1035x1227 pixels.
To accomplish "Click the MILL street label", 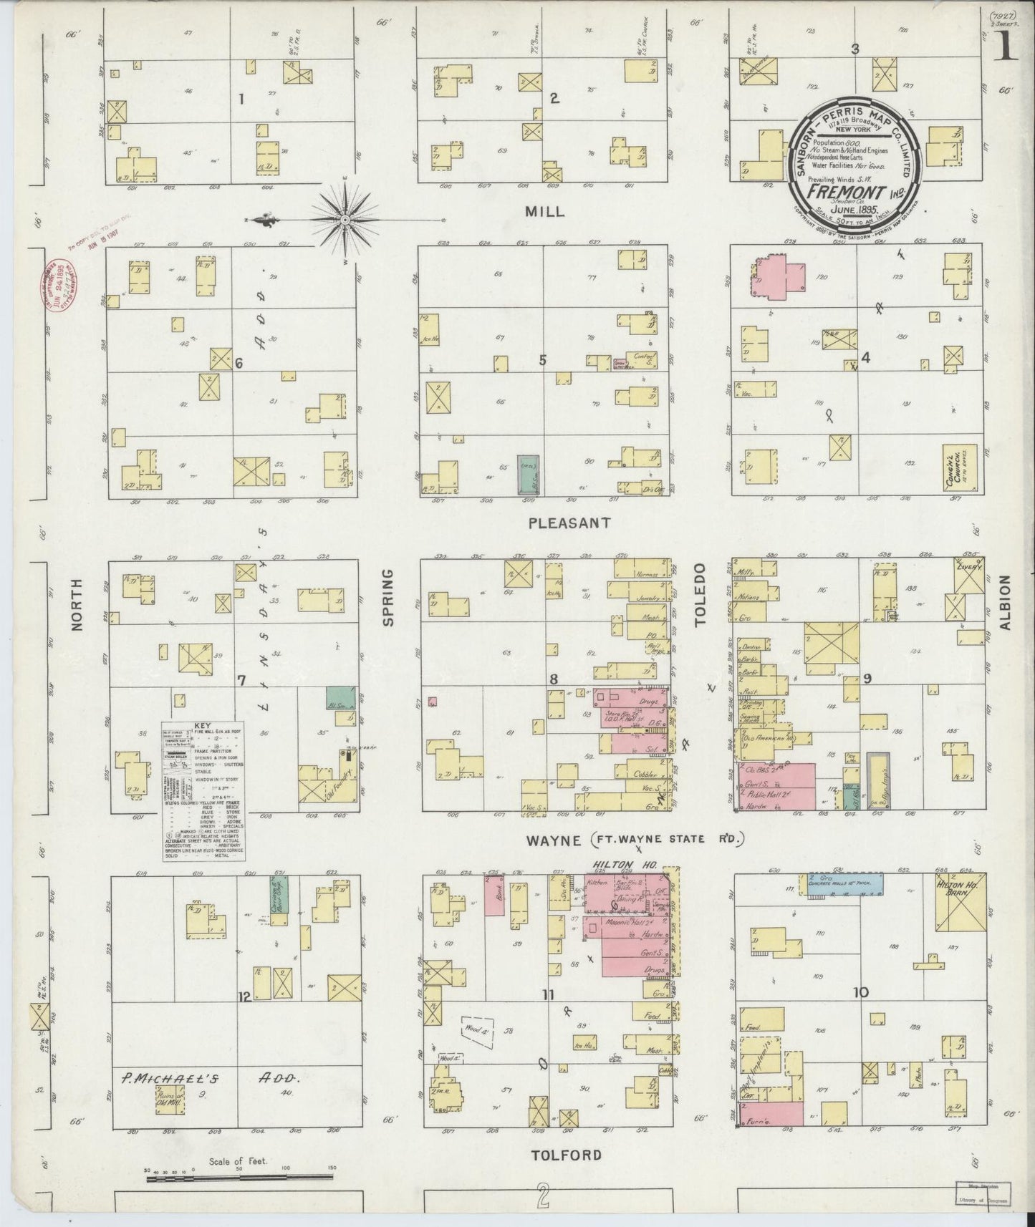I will tap(544, 212).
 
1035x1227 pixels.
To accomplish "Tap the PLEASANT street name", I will tap(569, 523).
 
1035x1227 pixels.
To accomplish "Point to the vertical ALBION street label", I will tap(1004, 603).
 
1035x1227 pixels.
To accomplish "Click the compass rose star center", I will tap(345, 218).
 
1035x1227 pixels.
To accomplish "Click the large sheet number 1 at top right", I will tap(1006, 48).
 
